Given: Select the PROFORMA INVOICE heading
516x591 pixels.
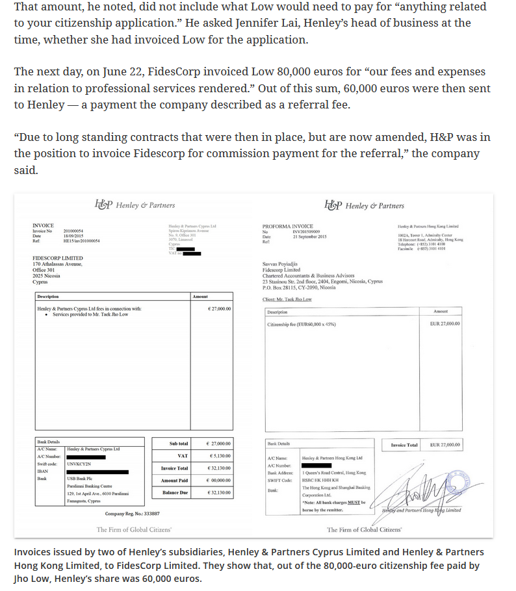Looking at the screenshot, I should [287, 227].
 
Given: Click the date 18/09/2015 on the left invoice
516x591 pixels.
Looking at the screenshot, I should [73, 236].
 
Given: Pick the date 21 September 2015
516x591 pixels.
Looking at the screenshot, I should [309, 236].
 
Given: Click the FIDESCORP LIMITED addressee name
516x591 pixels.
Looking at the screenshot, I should [58, 258].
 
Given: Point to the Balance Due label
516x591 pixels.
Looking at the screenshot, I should [175, 492].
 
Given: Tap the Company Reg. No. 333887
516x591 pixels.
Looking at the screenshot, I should [132, 514].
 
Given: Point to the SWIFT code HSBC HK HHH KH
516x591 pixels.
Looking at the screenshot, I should [320, 480].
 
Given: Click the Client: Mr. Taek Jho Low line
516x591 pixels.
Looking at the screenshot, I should [287, 299].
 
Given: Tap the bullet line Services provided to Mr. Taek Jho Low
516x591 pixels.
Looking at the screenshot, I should [90, 314].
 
